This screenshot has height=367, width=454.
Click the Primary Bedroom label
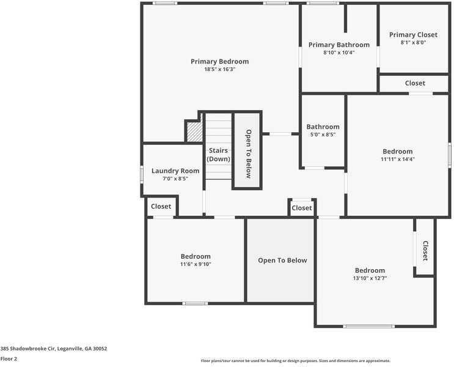tap(219, 61)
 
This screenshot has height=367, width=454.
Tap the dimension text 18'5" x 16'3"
tap(219, 70)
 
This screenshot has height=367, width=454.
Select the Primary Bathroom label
tap(339, 45)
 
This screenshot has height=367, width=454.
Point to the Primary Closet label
tap(413, 35)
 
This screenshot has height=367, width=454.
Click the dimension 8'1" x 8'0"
tap(413, 43)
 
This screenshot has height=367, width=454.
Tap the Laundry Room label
tap(175, 171)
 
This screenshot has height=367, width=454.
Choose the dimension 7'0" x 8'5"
tap(175, 179)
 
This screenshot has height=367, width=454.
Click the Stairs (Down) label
tap(218, 154)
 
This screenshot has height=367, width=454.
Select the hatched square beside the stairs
tap(194, 132)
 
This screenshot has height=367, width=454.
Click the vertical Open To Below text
tap(248, 154)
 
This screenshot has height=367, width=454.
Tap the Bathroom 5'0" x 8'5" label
tap(323, 127)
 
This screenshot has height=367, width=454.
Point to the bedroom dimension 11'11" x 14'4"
tap(397, 159)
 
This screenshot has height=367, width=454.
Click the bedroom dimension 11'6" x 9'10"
tap(196, 264)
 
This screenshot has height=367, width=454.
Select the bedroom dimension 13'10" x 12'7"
tap(370, 278)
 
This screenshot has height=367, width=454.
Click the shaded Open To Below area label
tap(282, 261)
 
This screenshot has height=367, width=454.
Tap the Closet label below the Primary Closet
tap(415, 83)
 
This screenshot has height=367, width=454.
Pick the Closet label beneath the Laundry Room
tap(161, 207)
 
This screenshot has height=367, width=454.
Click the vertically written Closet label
tap(425, 251)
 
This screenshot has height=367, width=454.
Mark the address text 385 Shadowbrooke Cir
tap(54, 349)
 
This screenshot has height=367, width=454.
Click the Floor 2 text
tap(9, 359)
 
